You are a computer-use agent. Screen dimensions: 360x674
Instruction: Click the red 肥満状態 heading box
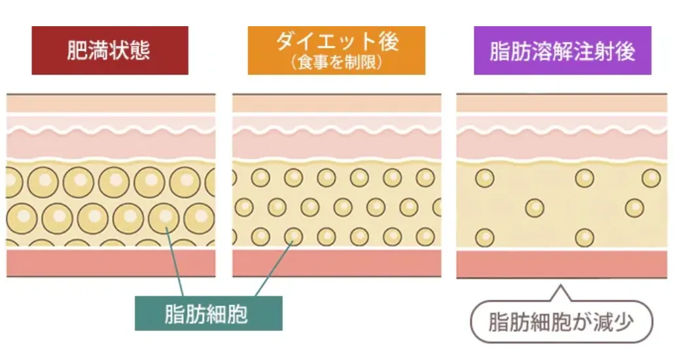(x=110, y=50)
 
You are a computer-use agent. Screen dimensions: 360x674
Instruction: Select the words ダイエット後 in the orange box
(x=337, y=43)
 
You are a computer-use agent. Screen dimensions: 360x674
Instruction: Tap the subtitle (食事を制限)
(x=337, y=63)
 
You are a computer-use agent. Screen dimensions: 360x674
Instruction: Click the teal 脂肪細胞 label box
(x=208, y=314)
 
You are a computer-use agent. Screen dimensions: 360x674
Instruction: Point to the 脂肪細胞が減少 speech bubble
(x=561, y=321)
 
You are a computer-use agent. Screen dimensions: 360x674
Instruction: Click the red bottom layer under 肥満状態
(x=110, y=262)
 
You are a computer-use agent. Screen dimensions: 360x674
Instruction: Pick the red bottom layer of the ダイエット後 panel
(x=336, y=262)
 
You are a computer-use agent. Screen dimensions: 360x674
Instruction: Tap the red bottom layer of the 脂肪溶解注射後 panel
(x=561, y=264)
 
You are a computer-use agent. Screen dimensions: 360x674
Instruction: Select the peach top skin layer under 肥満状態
(x=110, y=103)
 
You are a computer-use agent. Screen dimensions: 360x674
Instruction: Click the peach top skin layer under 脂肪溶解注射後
(x=561, y=103)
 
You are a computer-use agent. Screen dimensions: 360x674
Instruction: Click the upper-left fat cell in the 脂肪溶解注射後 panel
(x=485, y=178)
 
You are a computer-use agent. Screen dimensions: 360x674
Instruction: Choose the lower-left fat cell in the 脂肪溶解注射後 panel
(x=485, y=238)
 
